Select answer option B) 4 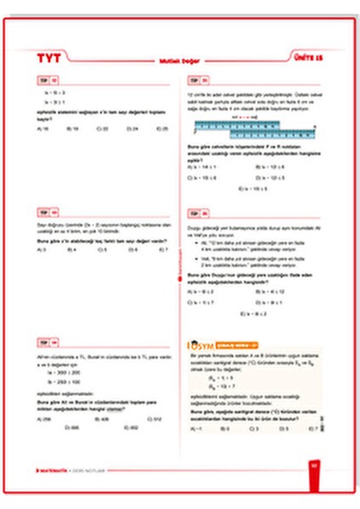(73, 249)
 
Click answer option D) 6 (133, 249)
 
